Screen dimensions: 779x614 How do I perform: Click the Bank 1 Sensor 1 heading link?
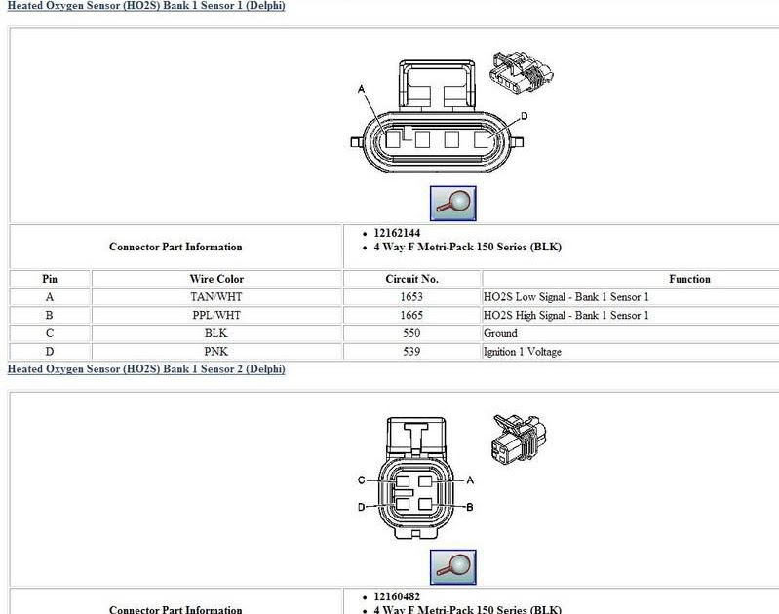(146, 6)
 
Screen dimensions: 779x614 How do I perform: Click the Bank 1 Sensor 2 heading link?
(146, 369)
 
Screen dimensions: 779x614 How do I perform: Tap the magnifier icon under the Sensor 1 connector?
(452, 203)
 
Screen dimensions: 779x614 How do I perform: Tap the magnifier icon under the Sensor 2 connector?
(452, 566)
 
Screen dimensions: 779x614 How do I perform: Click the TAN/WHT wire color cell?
(216, 296)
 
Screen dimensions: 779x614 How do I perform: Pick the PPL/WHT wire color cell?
(216, 315)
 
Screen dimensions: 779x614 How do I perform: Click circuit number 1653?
(412, 296)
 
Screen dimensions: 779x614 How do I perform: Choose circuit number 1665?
(412, 315)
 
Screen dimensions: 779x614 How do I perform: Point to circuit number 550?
(412, 333)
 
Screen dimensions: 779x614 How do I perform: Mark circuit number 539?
(412, 352)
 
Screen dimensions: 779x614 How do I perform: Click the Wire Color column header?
(216, 279)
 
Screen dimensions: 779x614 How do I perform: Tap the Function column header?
(689, 279)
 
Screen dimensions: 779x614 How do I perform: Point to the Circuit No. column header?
(412, 279)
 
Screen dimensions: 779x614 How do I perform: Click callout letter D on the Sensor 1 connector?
(524, 117)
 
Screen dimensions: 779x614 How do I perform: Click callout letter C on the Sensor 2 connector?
(361, 480)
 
